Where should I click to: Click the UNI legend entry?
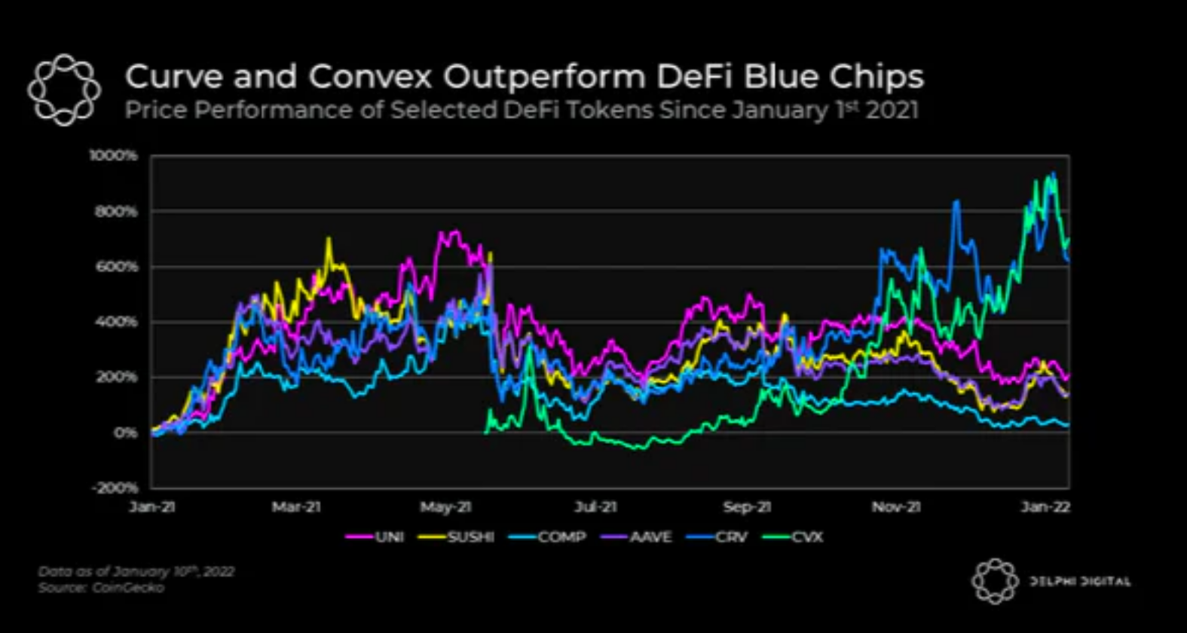pos(375,537)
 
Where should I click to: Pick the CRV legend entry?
pos(720,537)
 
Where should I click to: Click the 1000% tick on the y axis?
pos(114,156)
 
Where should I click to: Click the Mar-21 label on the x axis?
pos(296,507)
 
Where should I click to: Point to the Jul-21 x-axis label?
pos(596,507)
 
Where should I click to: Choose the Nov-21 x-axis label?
pos(896,507)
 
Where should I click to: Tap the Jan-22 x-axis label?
pos(1045,507)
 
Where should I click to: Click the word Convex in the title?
pos(370,77)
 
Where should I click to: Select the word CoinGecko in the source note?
pos(128,587)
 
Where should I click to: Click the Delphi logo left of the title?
pos(64,90)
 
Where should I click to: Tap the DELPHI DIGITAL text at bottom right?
pos(1079,581)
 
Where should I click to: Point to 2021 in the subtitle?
pos(892,111)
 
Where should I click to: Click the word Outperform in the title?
pos(543,77)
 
